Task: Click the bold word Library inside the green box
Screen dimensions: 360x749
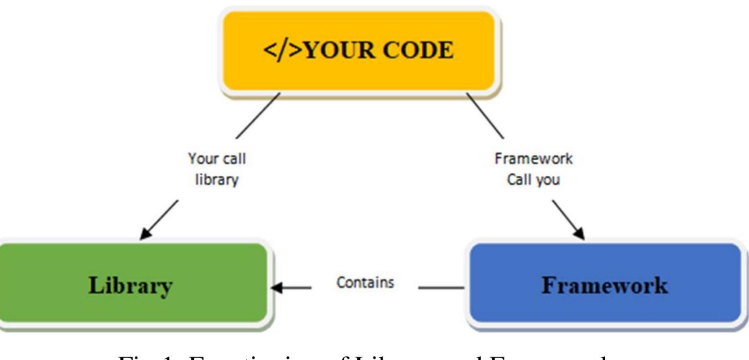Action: [x=134, y=285]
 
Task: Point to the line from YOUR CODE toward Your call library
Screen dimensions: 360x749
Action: [x=259, y=116]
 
